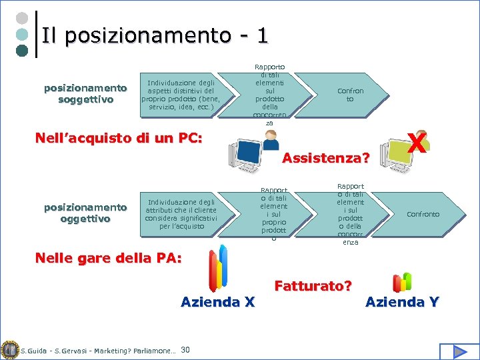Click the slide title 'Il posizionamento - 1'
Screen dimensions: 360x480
(x=155, y=35)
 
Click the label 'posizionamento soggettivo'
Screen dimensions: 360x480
(x=85, y=94)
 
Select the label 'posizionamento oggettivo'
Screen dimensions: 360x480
(x=85, y=213)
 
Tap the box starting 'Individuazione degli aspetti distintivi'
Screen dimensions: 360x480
(x=181, y=95)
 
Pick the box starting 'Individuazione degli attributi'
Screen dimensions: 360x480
(x=181, y=214)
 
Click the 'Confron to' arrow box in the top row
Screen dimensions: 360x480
(x=351, y=95)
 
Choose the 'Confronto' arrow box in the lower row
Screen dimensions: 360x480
(x=423, y=214)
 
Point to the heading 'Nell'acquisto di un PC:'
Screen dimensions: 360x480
(x=118, y=139)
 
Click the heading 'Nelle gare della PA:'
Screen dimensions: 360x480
(x=108, y=258)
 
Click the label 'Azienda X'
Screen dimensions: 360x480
(x=217, y=302)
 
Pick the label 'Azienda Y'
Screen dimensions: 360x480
(x=402, y=302)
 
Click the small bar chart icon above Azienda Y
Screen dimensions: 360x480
(x=402, y=282)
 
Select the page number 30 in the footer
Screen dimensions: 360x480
(x=185, y=350)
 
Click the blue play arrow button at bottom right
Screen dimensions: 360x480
(x=459, y=351)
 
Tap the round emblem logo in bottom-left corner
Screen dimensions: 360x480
(x=9, y=350)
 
